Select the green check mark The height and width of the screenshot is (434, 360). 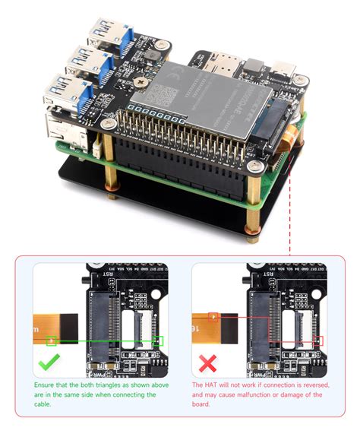point(50,366)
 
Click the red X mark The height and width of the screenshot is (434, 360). point(207,366)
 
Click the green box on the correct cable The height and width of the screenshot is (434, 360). point(52,341)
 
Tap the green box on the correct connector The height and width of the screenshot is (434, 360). point(157,341)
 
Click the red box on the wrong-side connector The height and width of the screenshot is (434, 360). point(317,341)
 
